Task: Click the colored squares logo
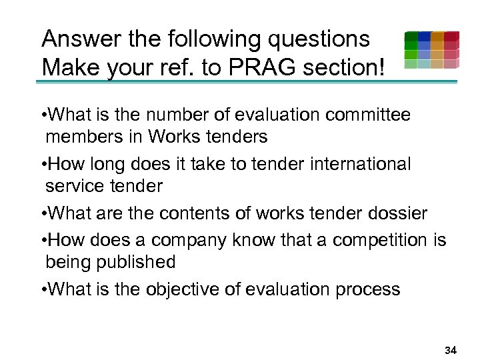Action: (431, 50)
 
